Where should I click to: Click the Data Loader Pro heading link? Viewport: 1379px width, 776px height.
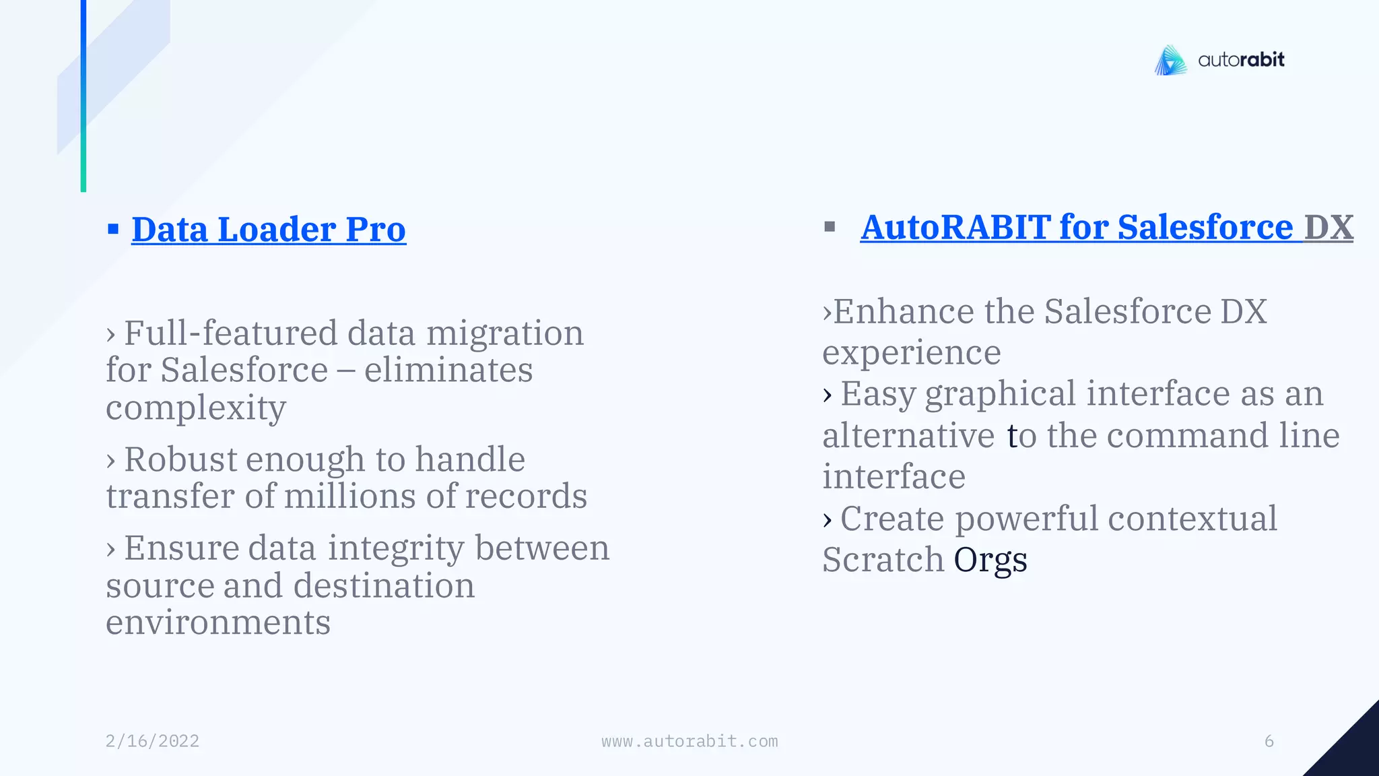tap(269, 230)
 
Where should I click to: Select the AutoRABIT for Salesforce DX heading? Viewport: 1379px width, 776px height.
tap(1106, 227)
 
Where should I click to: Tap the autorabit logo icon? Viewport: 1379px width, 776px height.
tap(1171, 61)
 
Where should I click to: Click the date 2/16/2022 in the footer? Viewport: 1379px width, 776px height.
tap(152, 741)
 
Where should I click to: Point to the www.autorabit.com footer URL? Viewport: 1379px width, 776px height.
tap(689, 741)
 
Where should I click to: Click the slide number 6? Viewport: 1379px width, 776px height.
tap(1269, 741)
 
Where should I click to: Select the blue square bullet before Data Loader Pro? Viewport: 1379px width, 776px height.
tap(113, 230)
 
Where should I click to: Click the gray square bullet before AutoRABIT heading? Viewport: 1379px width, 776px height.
tap(830, 227)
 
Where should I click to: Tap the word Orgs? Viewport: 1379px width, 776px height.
tap(990, 560)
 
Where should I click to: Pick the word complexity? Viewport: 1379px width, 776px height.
tap(196, 408)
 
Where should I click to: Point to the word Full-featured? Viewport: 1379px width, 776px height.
tap(231, 333)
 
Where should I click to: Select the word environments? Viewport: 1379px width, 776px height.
tap(218, 622)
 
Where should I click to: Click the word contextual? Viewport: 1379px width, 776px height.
tap(1192, 519)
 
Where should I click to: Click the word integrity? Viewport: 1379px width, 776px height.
tap(397, 548)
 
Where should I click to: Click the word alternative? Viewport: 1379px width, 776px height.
tap(908, 435)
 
